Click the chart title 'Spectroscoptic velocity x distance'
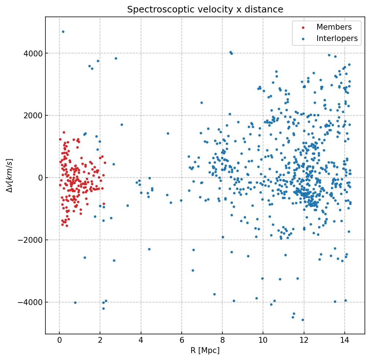click(x=205, y=10)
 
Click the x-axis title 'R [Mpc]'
click(x=205, y=350)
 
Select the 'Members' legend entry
click(x=334, y=27)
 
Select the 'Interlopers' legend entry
click(x=337, y=38)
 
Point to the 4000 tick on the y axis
click(x=32, y=53)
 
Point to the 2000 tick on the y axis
click(x=32, y=116)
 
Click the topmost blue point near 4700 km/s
click(x=63, y=32)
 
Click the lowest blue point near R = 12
click(x=303, y=320)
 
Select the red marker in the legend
click(x=302, y=27)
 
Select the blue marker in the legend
click(x=302, y=39)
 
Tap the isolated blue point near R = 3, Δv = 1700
click(x=122, y=125)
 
